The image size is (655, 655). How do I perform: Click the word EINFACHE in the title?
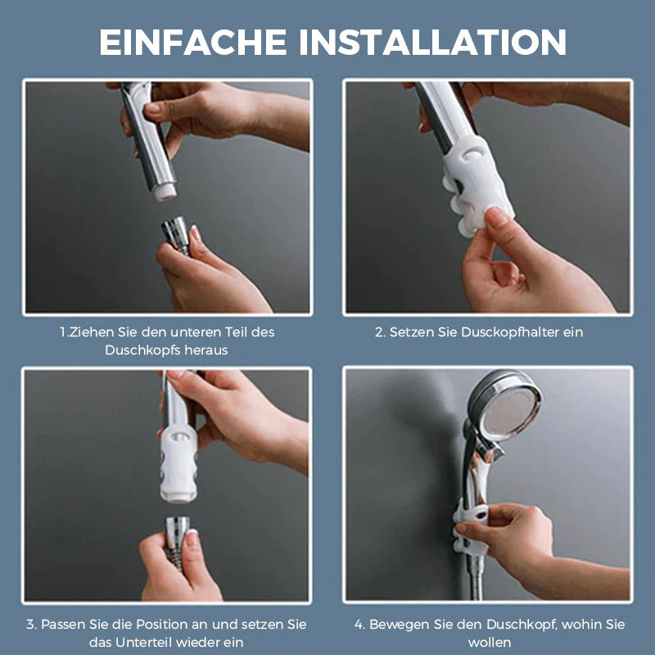coord(193,42)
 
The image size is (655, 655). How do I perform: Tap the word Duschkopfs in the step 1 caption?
coord(142,350)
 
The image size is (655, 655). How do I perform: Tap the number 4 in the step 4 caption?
coord(359,624)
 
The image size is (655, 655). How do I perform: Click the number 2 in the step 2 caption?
coord(379,332)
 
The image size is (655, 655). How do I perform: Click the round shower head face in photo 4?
coord(509,407)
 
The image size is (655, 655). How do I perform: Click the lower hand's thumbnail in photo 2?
coord(497,217)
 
